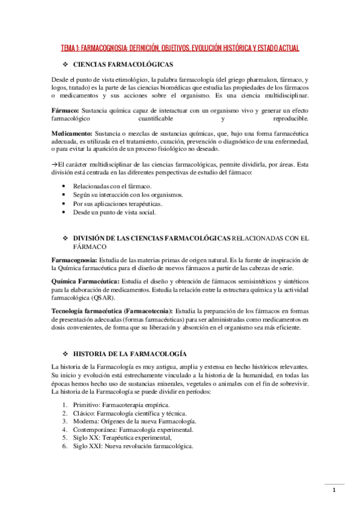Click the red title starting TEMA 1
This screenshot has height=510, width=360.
click(x=180, y=47)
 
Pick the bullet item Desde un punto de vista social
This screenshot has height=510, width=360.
click(x=114, y=212)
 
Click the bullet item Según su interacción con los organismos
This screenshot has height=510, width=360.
click(x=128, y=195)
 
